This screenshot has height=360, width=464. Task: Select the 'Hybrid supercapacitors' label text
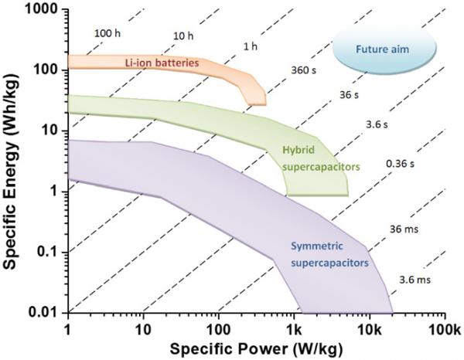[x=308, y=158]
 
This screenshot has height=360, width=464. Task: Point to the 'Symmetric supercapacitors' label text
[x=329, y=255]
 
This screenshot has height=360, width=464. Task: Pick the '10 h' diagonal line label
[x=183, y=36]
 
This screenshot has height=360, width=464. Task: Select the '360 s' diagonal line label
[x=301, y=69]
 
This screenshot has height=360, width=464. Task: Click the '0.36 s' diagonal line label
[x=401, y=164]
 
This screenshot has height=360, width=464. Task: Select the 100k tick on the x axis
[x=442, y=326]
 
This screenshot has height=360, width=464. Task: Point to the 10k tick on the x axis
[x=368, y=326]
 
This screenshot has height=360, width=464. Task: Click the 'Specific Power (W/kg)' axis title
[x=258, y=347]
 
